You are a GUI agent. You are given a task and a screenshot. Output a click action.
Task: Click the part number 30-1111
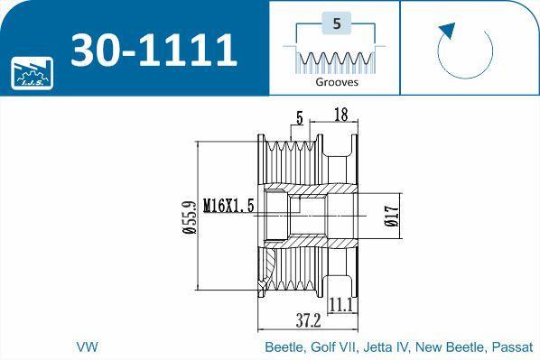(x=154, y=50)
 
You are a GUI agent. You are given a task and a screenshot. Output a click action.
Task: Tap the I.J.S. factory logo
(x=32, y=73)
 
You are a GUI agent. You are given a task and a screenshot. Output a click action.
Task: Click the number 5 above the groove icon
(x=337, y=23)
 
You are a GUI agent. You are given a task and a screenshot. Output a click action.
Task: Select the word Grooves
(x=337, y=82)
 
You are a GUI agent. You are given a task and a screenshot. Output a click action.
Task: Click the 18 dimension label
(x=341, y=115)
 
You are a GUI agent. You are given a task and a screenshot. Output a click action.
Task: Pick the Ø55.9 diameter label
(x=190, y=217)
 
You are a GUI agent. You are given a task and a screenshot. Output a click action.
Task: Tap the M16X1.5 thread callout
(x=228, y=206)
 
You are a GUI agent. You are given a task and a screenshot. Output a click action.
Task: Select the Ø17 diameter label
(x=392, y=217)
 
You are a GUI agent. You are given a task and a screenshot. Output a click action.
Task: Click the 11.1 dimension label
(x=341, y=305)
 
